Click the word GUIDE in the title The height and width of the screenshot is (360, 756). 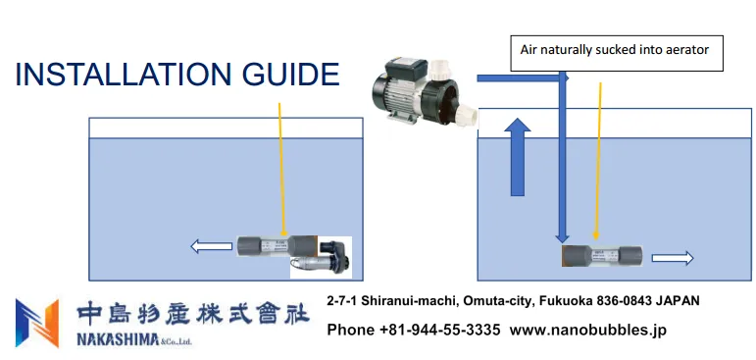pos(291,75)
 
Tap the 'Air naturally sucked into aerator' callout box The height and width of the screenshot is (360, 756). pos(617,53)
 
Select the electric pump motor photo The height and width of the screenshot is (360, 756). pos(425,91)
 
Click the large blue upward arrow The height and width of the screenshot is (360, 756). pos(518,157)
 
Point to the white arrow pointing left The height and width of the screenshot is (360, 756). pos(211,246)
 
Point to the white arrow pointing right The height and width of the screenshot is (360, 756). pos(673,259)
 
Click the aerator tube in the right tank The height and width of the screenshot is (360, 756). pos(602,256)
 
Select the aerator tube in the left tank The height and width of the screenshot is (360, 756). pos(277,246)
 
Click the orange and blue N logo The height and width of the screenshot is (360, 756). pos(37,323)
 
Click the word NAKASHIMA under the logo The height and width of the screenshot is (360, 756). pos(118,340)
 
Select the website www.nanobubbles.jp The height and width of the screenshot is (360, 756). pos(588,330)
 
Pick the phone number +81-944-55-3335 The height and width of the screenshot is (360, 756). pos(440,330)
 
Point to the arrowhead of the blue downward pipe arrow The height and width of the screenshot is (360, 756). pos(562,239)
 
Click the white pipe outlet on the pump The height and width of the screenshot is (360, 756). pos(467,117)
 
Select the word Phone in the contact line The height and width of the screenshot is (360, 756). pos(351,330)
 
